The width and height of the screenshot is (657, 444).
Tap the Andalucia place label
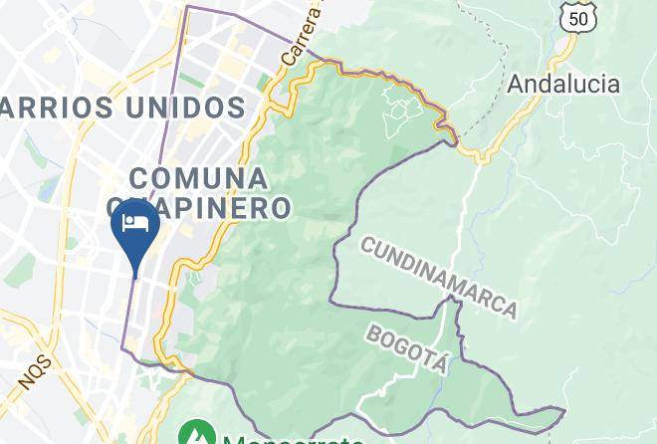pos(563,84)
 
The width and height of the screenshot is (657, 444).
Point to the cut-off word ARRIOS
pos(46,107)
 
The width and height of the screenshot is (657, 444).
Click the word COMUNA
pos(199,178)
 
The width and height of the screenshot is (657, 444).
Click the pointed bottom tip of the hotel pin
pos(133,278)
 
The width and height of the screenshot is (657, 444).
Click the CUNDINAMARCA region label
pos(439,277)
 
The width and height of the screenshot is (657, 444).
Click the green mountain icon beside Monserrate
pos(196,435)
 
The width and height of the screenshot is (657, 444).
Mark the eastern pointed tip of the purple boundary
pos(564,409)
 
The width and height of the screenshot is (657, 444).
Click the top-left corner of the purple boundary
pos(186,8)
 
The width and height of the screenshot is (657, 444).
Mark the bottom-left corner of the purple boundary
pos(123,349)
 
